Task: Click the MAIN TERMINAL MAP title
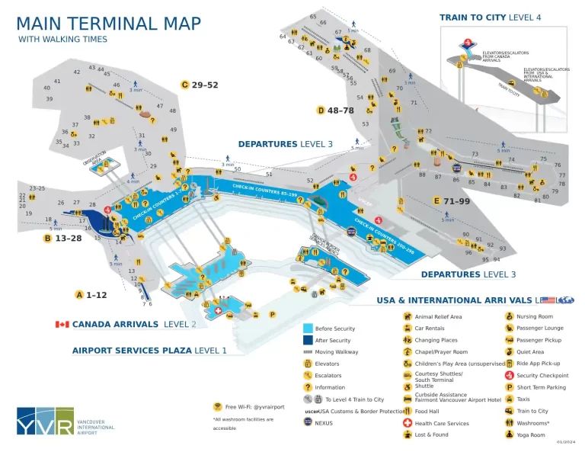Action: click(109, 23)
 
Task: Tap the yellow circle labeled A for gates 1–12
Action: click(79, 294)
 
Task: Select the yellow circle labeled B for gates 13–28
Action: click(47, 238)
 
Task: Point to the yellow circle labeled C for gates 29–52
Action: click(184, 85)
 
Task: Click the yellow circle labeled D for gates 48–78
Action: click(321, 110)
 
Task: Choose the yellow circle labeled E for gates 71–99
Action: click(436, 200)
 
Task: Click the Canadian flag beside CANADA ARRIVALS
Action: click(62, 324)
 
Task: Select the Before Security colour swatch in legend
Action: click(308, 329)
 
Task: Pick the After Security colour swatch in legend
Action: click(308, 341)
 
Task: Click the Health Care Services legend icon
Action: click(408, 423)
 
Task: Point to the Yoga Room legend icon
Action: click(509, 434)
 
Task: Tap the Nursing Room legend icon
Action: click(509, 316)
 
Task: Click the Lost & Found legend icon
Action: click(408, 434)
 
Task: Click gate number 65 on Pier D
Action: click(313, 17)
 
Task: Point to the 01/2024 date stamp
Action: click(565, 442)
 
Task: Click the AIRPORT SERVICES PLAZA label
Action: click(132, 350)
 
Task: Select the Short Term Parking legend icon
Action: click(509, 387)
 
